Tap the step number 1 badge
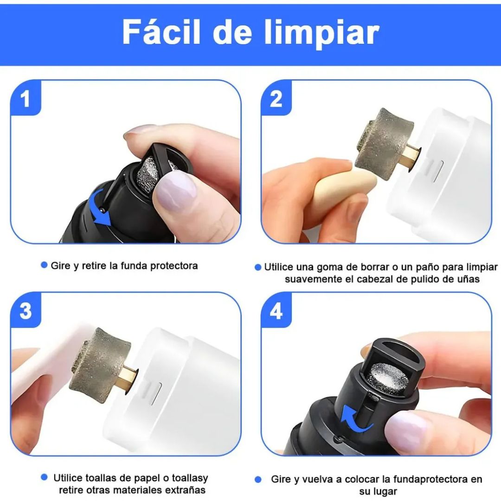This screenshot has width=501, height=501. click(26, 99)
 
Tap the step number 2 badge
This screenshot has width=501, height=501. click(276, 99)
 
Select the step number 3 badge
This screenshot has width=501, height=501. click(26, 311)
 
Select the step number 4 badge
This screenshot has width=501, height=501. click(276, 311)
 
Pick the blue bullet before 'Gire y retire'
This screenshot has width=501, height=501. click(44, 265)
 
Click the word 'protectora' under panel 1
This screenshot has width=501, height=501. click(174, 266)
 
